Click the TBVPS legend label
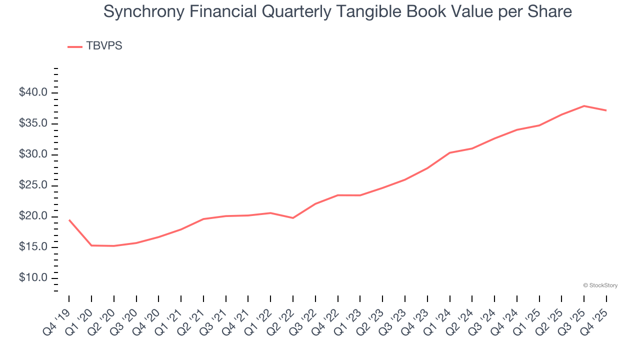(x=104, y=46)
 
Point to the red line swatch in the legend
(x=75, y=46)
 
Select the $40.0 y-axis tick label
(x=33, y=93)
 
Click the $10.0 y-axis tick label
(x=33, y=278)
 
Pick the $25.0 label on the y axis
(x=33, y=185)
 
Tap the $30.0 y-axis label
(x=33, y=154)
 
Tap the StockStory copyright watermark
(x=600, y=285)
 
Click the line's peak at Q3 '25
(x=584, y=106)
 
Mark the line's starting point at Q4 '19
(x=69, y=219)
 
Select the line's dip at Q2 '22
(x=293, y=218)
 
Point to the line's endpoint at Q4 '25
(x=606, y=110)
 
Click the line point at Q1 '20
(x=91, y=245)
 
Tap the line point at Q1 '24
(x=449, y=152)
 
